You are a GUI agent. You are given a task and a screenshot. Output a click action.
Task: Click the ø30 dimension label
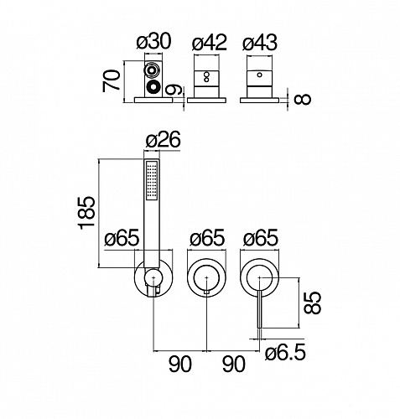(x=153, y=42)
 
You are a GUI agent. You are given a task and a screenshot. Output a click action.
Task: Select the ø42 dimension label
(x=210, y=43)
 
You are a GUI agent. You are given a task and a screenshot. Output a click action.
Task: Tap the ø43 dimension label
(x=260, y=43)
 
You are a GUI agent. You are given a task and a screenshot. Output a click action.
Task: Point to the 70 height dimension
(x=112, y=81)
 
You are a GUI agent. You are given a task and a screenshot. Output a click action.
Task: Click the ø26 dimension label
(x=164, y=139)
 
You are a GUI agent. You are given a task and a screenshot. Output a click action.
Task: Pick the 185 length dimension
(x=87, y=213)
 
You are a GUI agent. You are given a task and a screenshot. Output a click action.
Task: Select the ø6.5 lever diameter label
(x=285, y=353)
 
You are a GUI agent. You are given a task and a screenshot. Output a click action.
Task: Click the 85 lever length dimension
(x=312, y=303)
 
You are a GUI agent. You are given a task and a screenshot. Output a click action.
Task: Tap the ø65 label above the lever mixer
(x=261, y=238)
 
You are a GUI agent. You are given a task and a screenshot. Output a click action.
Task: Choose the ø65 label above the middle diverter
(x=207, y=238)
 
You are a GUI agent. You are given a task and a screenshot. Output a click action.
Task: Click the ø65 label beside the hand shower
(x=122, y=238)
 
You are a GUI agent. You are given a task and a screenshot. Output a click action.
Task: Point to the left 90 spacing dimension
(x=180, y=364)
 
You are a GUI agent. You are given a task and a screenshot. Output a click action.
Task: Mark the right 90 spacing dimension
(x=234, y=364)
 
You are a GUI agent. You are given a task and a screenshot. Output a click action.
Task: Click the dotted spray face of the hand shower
(x=152, y=181)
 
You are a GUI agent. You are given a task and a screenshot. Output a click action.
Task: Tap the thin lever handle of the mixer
(x=260, y=309)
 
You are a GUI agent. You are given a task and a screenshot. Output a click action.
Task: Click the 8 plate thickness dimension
(x=303, y=100)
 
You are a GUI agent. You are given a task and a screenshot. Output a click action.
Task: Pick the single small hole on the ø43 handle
(x=259, y=75)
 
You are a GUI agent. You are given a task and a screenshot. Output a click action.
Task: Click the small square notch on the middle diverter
(x=206, y=292)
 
